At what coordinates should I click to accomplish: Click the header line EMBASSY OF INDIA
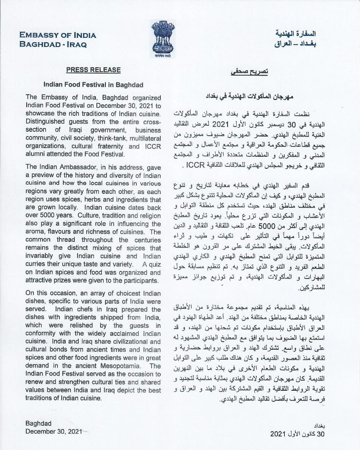[58, 35]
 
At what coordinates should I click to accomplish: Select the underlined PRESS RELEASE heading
[93, 70]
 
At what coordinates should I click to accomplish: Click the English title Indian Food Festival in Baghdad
[93, 85]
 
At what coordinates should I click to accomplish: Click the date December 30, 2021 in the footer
[54, 431]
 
